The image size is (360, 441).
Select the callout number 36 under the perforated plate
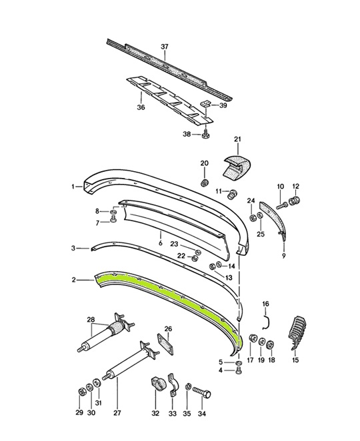point(141,107)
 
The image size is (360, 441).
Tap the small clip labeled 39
point(207,104)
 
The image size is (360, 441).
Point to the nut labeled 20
point(205,182)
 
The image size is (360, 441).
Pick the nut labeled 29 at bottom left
point(81,389)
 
